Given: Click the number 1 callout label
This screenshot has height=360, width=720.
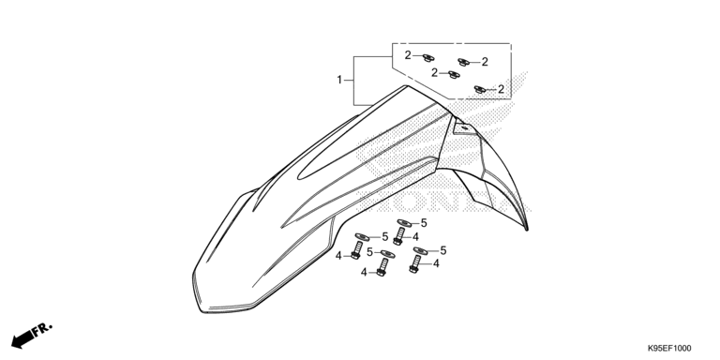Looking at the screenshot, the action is pos(340,81).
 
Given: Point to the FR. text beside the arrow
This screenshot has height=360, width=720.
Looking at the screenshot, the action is pos(43,329).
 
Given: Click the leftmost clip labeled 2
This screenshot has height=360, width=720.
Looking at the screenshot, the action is pos(427,57).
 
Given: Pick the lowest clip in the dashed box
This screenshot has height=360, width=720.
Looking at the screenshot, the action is pos(480,89).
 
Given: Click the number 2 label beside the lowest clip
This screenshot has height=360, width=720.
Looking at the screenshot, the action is pos(502,89).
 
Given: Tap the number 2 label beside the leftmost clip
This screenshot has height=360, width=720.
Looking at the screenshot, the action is pos(408,55).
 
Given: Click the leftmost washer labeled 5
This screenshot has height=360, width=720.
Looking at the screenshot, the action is pos(361,236).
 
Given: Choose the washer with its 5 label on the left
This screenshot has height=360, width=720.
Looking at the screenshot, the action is pos(386,253).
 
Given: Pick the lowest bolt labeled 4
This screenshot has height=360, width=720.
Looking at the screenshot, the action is pos(382,269).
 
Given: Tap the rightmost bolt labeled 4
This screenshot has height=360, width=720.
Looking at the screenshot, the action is pos(414,265).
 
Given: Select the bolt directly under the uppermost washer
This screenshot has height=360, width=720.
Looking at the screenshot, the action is pos(398,236).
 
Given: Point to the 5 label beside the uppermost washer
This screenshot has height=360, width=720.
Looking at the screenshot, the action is pos(423,223).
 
